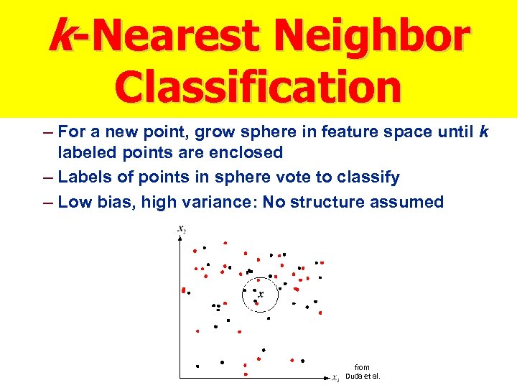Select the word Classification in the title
point(258,86)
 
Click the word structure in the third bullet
point(327,202)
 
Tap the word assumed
point(407,202)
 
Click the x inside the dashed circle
point(260,293)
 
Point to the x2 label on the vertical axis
point(182,228)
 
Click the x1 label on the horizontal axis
point(335,377)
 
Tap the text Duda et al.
point(363,376)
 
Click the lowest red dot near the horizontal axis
point(246,374)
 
